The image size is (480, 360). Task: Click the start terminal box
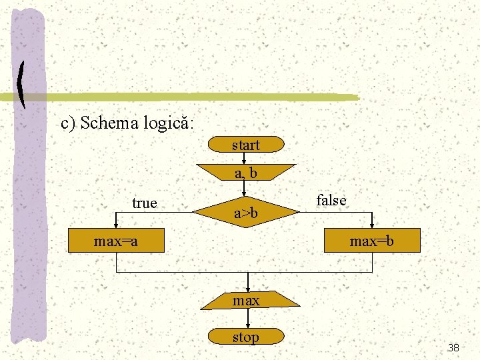click(x=245, y=145)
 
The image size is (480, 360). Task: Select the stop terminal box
click(x=245, y=337)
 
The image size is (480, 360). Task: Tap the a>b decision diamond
click(x=245, y=213)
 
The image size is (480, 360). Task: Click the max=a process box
click(x=116, y=241)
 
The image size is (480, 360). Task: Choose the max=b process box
click(x=372, y=241)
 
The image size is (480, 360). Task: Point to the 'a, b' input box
click(x=245, y=173)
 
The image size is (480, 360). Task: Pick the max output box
click(x=246, y=301)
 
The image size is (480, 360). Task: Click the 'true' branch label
click(x=144, y=203)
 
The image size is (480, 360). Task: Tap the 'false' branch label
click(x=331, y=200)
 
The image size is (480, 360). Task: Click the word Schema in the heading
click(x=109, y=123)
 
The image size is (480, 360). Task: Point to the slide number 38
click(x=453, y=347)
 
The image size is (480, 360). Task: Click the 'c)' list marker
click(x=69, y=124)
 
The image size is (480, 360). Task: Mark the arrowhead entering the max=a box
click(x=116, y=226)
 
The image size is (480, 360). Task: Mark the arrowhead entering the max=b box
click(x=372, y=226)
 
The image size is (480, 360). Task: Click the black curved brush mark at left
click(x=22, y=85)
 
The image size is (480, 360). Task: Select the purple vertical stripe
click(x=28, y=200)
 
